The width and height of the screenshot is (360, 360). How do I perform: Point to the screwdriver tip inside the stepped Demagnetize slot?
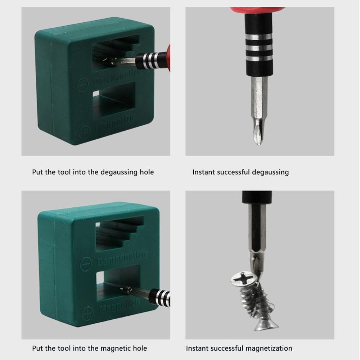pyautogui.click(x=108, y=62)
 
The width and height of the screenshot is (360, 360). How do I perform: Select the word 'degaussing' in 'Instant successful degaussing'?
pyautogui.click(x=270, y=172)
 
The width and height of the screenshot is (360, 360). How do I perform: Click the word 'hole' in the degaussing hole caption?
pyautogui.click(x=146, y=172)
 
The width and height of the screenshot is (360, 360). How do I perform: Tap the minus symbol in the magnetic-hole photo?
pyautogui.click(x=86, y=265)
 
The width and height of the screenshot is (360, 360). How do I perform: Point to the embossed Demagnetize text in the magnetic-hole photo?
pyautogui.click(x=122, y=258)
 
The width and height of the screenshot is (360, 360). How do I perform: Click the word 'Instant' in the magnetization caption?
pyautogui.click(x=197, y=348)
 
